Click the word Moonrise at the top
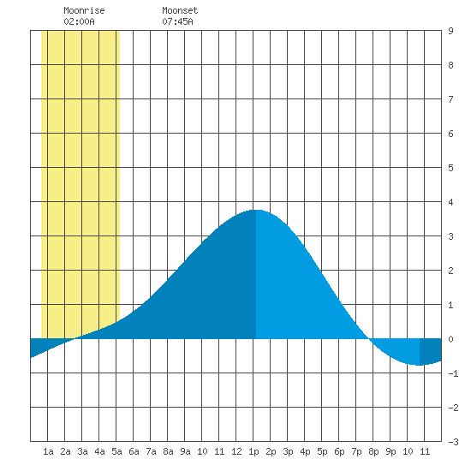click(x=84, y=10)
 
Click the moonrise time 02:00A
click(x=79, y=21)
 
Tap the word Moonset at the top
click(x=180, y=10)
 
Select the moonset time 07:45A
click(x=177, y=21)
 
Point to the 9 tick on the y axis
click(x=450, y=31)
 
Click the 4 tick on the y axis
click(x=450, y=202)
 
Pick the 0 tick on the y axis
click(x=450, y=339)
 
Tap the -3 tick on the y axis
click(x=453, y=442)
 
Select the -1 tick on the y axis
click(x=453, y=373)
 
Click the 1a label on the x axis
click(x=48, y=451)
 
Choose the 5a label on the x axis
click(x=116, y=451)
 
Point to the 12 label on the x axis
click(x=236, y=451)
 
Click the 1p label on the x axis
click(x=253, y=451)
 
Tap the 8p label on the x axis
click(x=373, y=451)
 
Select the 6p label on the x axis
click(x=339, y=451)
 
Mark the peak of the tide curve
click(x=256, y=210)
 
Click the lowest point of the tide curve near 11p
click(x=420, y=365)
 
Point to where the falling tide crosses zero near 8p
click(x=369, y=339)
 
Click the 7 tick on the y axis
click(x=450, y=99)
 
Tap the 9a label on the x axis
click(x=185, y=451)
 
